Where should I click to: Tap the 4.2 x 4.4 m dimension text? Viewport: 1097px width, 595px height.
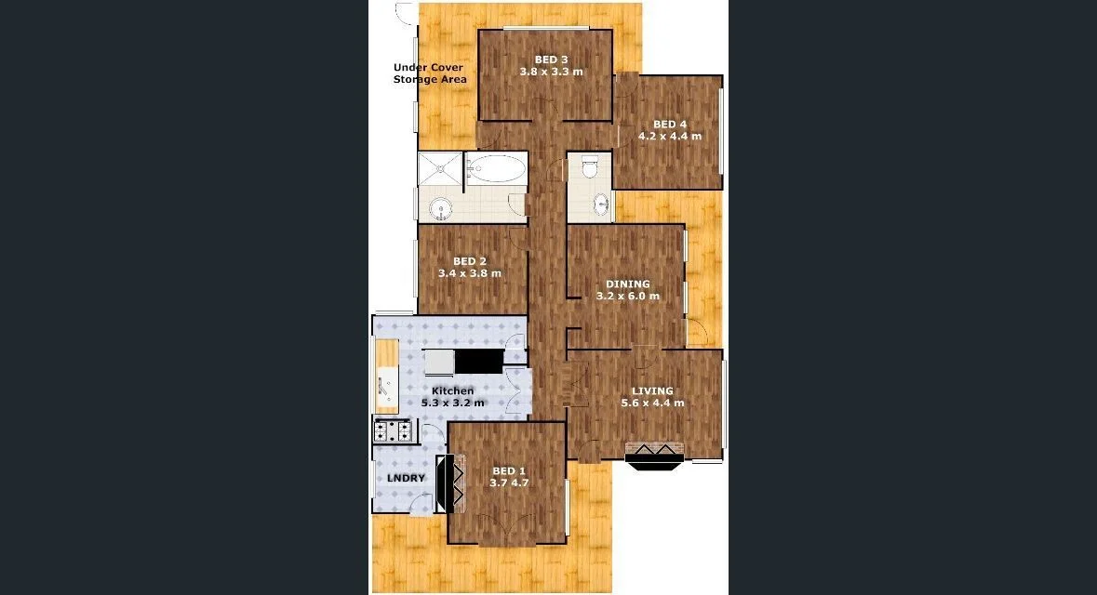669,136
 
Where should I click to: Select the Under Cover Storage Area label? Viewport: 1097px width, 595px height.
429,73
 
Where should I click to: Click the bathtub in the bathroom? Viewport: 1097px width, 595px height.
495,168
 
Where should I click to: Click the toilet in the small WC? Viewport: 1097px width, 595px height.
588,168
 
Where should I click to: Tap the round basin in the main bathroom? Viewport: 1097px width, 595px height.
439,205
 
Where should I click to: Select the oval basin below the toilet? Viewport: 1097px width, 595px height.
601,203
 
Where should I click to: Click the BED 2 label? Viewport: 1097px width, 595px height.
470,261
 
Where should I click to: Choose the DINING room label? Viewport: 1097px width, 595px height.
628,284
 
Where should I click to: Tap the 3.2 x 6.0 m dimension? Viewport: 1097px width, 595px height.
628,297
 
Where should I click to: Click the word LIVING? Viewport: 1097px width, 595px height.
652,390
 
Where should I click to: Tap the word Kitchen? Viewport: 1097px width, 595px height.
452,390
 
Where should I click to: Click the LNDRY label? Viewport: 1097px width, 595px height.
406,479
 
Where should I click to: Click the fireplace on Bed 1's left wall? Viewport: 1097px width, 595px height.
455,483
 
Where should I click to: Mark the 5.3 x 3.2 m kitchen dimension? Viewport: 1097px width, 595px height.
452,403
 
